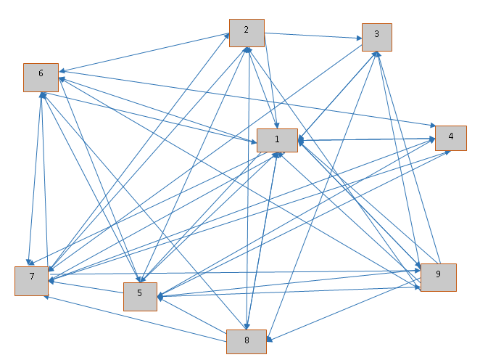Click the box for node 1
coord(277,139)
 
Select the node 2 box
coord(247,33)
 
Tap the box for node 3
coord(377,37)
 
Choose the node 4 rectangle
coord(450,137)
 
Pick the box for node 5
coord(140,296)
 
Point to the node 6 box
coord(41,77)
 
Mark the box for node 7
coord(32,280)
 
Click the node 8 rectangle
coord(247,341)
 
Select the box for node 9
coord(438,277)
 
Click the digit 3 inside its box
coord(377,34)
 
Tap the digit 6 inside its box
coord(41,73)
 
